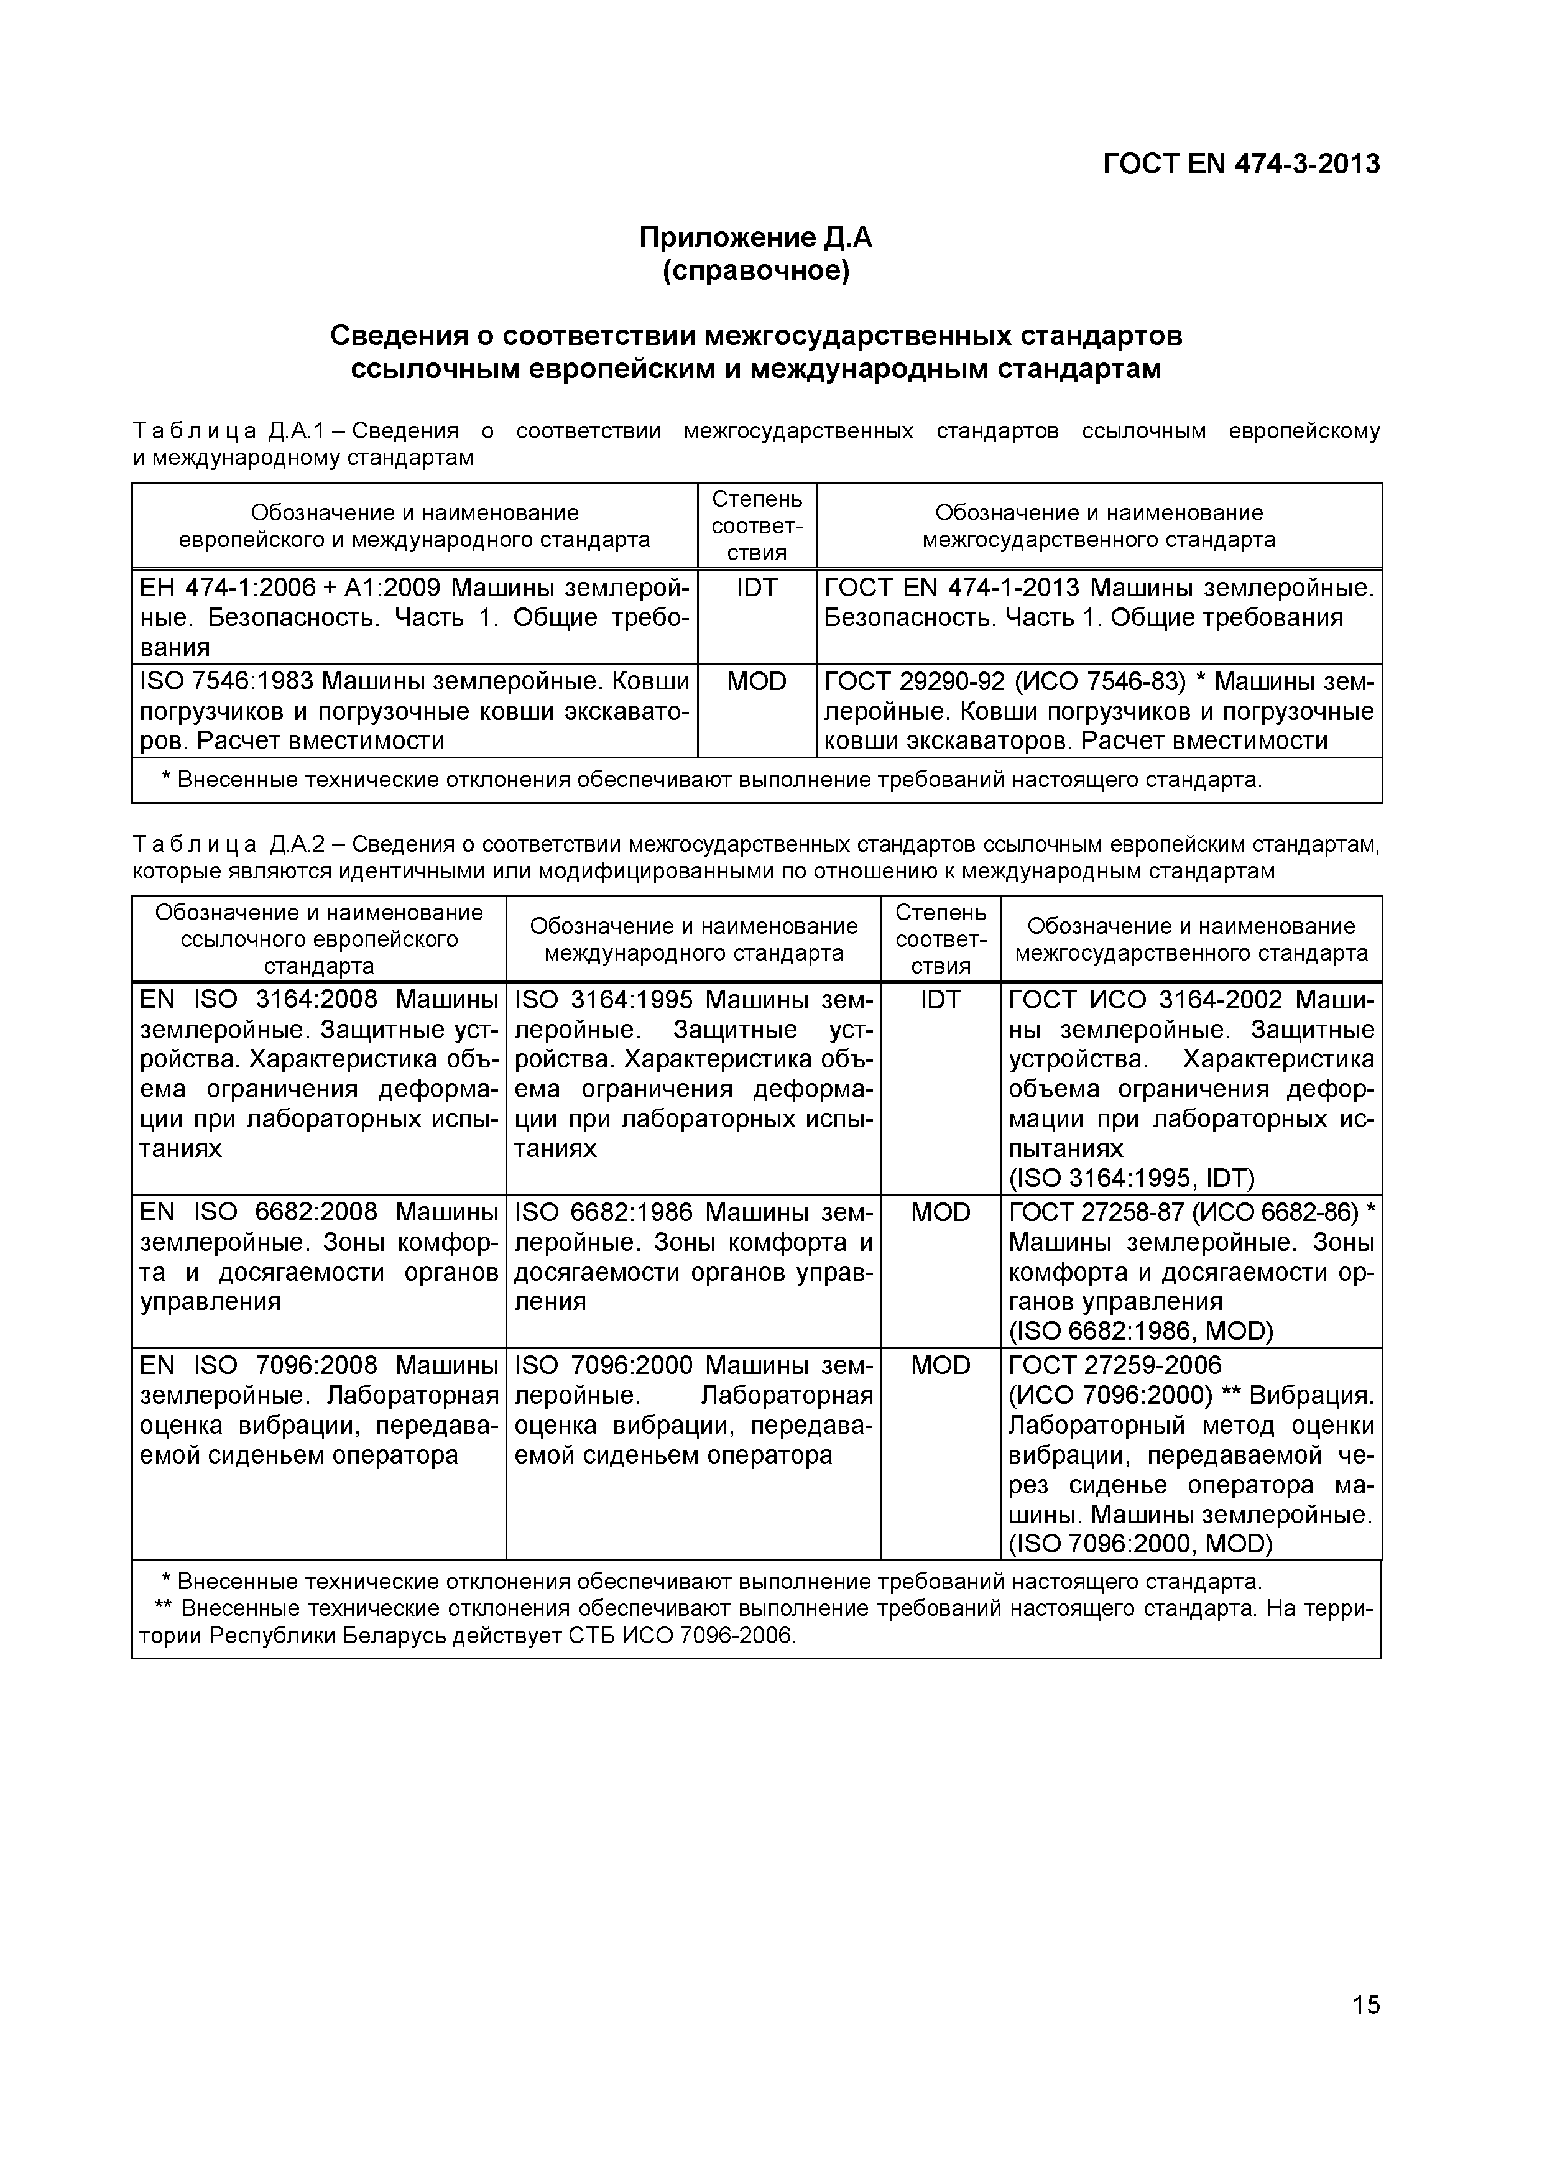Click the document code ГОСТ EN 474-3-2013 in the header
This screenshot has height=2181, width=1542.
point(1241,164)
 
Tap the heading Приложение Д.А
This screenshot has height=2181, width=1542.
point(755,237)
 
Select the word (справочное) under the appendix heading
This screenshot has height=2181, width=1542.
point(755,272)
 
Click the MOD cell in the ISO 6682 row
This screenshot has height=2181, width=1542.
point(941,1212)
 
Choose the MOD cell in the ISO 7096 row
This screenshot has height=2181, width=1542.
point(941,1365)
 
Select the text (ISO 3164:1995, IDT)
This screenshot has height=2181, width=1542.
point(1130,1178)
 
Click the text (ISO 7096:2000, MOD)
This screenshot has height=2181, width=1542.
point(1139,1544)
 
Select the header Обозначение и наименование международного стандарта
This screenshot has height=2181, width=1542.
point(693,939)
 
